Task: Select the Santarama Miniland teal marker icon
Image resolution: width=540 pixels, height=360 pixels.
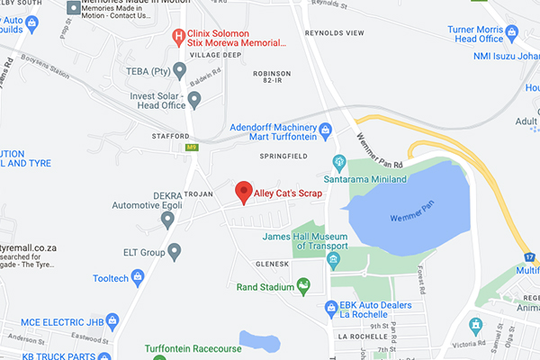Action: tap(339, 163)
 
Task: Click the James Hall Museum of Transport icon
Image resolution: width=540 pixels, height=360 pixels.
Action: tap(333, 261)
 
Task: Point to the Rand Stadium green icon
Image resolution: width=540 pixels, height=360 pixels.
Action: tap(304, 287)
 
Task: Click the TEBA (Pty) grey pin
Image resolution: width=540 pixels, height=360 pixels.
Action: tap(179, 69)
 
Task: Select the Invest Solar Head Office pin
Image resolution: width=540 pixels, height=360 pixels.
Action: tap(193, 98)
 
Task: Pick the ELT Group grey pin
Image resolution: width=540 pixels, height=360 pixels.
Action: tap(175, 251)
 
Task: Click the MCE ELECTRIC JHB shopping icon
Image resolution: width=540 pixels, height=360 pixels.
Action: tap(112, 320)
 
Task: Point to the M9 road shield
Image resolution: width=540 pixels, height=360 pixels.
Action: tap(191, 147)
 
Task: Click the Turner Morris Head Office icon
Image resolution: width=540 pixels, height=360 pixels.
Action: tap(513, 33)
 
